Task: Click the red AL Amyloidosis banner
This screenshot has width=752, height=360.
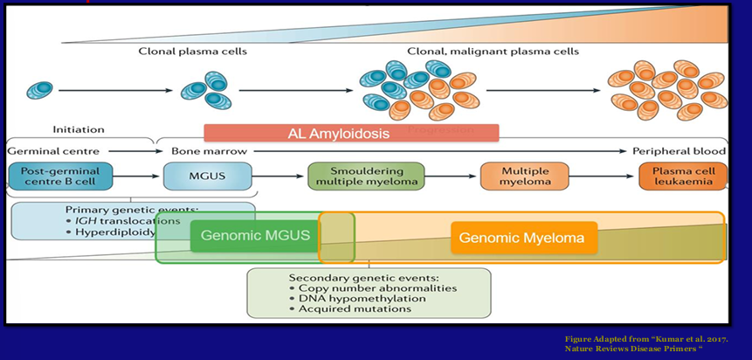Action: tap(351, 133)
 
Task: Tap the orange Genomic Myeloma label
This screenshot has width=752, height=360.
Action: tap(523, 237)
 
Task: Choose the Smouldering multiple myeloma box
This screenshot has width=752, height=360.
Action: tap(366, 177)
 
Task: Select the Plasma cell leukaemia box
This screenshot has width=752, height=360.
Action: tap(682, 177)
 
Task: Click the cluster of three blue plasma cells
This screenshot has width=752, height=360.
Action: tap(205, 90)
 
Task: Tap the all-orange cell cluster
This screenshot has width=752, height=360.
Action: tap(668, 90)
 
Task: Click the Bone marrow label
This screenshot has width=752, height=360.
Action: tap(200, 151)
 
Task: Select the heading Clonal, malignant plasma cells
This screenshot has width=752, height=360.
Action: tap(493, 52)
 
